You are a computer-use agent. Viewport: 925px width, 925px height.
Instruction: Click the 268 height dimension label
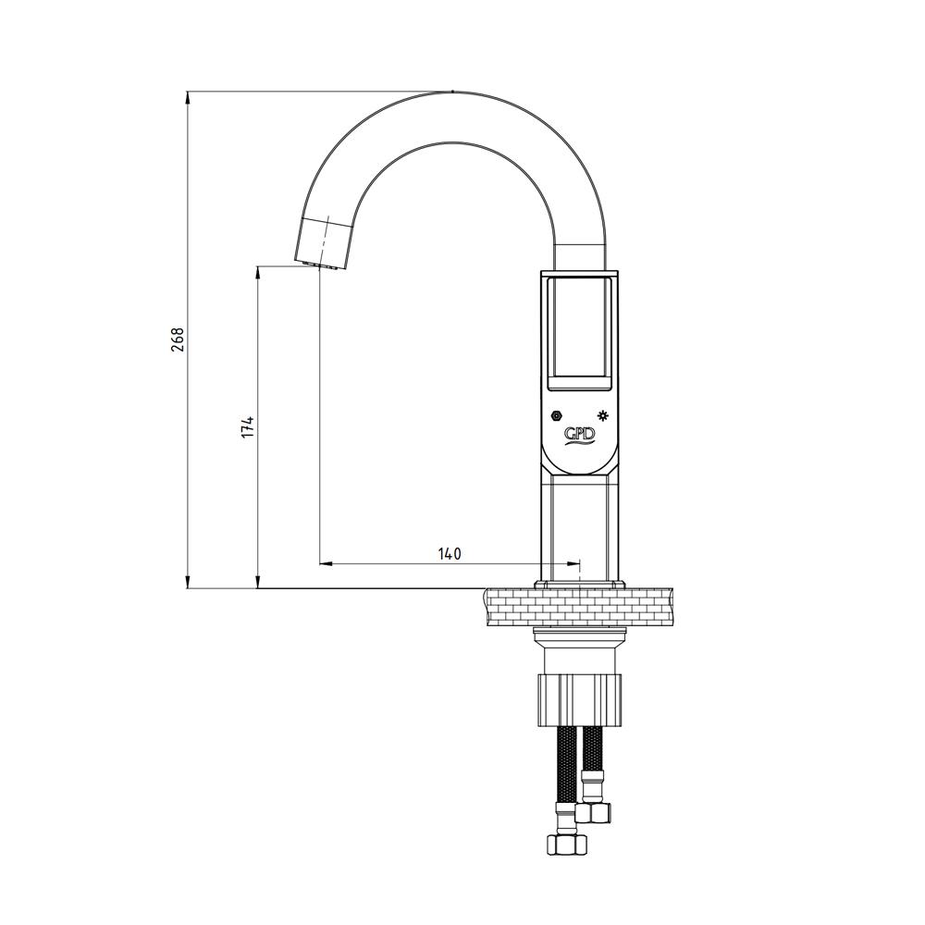click(178, 339)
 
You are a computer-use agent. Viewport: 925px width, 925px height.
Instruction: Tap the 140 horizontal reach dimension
click(449, 554)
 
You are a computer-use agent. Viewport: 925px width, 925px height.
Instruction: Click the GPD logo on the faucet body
click(580, 436)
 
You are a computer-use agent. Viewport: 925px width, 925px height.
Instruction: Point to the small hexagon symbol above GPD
click(556, 415)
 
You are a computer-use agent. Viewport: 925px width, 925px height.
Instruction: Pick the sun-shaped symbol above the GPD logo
click(603, 415)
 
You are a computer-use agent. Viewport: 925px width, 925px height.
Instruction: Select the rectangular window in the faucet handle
click(579, 334)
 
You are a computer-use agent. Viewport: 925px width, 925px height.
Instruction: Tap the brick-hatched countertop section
click(578, 607)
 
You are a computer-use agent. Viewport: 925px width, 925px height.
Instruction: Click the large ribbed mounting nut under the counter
click(579, 700)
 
